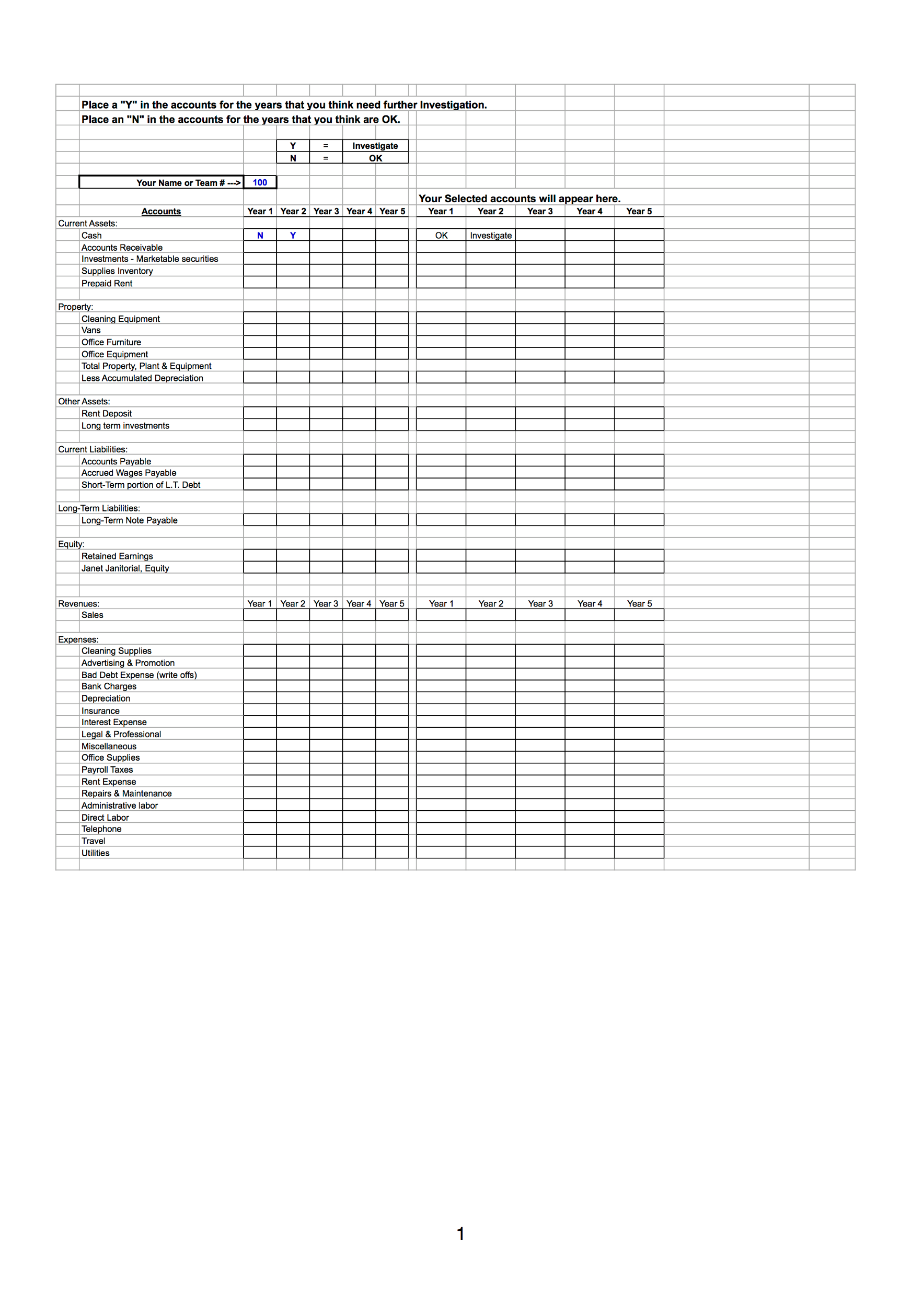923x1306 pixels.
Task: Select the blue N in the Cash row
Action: pos(260,236)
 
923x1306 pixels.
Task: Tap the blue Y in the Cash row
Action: pos(293,236)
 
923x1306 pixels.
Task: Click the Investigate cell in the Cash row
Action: pos(491,236)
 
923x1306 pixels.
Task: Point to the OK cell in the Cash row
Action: pos(441,236)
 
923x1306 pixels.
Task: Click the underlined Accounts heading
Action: pos(161,212)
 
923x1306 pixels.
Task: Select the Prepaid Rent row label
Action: pos(107,283)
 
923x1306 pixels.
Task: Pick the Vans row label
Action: pos(91,331)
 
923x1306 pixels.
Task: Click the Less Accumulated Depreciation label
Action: pos(142,378)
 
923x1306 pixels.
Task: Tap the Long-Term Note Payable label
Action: pos(129,520)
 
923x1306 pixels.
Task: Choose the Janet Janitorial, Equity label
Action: pos(125,568)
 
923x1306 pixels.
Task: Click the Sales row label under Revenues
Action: pos(92,615)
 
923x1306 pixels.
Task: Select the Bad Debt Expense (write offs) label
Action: pos(139,675)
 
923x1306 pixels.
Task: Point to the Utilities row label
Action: pos(95,853)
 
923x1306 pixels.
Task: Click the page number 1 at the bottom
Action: pos(460,1234)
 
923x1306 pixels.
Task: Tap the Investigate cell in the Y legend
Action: pos(375,146)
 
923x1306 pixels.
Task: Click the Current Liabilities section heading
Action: pos(93,449)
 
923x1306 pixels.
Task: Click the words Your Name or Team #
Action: pos(180,183)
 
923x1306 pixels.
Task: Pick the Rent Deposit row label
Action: pos(107,414)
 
